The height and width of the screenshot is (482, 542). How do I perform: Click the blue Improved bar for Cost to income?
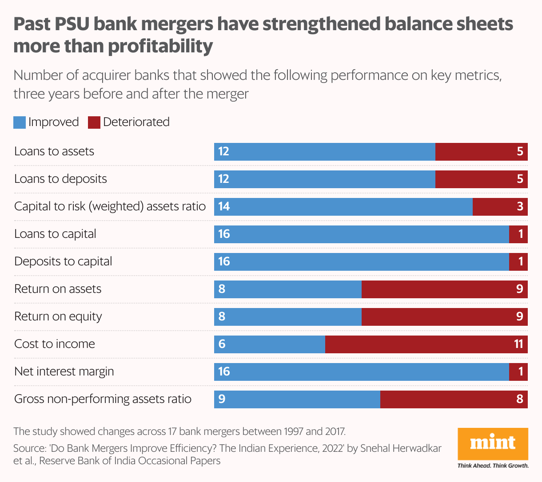(270, 344)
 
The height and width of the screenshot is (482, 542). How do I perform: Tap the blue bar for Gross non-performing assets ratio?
(297, 399)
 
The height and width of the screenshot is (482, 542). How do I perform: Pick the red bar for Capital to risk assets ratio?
(500, 207)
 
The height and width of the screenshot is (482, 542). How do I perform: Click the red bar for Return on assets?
(445, 289)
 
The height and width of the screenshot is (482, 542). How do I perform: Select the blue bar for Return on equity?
(288, 317)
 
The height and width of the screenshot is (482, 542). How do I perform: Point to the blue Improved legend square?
(20, 122)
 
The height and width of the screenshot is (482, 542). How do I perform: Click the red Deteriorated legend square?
(94, 122)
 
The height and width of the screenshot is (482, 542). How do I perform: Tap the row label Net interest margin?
(64, 371)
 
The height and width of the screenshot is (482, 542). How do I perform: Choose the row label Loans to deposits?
(60, 179)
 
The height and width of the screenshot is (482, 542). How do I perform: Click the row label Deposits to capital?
(63, 261)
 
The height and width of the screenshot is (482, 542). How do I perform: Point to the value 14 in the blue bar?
(224, 207)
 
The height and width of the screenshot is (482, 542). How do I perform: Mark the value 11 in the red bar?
(518, 344)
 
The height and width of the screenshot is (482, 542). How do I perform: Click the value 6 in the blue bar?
(222, 344)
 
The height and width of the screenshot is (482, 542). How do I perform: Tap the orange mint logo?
(493, 443)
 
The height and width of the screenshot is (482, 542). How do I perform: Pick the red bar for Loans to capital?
(518, 234)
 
